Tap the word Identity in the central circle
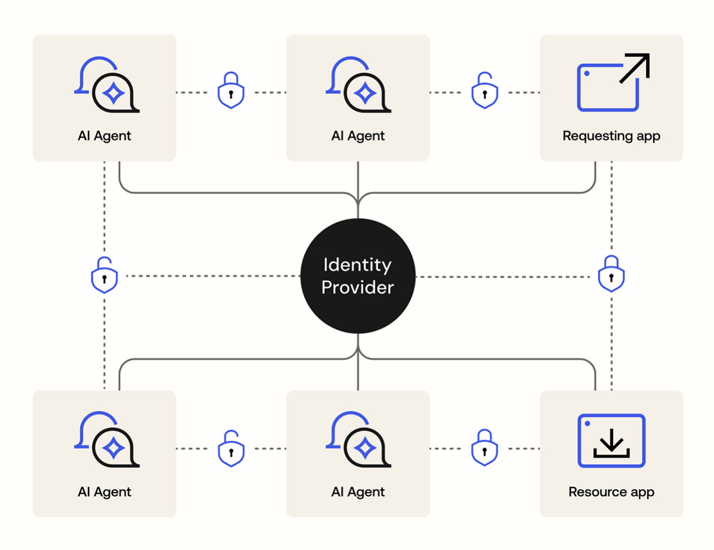[x=358, y=265]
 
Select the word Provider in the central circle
[x=358, y=287]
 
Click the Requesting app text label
[x=611, y=136]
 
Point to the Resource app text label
[x=611, y=492]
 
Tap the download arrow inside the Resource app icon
[x=611, y=441]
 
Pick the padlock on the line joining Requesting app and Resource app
[x=611, y=274]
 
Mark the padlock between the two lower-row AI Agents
[x=231, y=448]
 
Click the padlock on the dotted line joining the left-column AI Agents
[x=104, y=276]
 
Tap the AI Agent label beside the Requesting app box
[x=358, y=136]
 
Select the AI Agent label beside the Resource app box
[x=358, y=492]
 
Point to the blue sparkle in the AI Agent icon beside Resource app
[x=365, y=448]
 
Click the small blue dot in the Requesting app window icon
[x=587, y=74]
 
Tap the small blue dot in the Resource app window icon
[x=587, y=424]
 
